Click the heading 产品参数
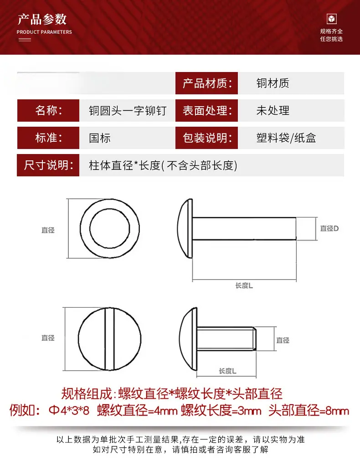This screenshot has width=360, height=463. click(x=42, y=19)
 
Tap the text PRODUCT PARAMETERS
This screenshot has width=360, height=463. click(x=44, y=32)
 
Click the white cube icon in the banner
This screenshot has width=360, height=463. click(x=332, y=19)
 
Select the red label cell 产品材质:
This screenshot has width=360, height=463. click(x=206, y=83)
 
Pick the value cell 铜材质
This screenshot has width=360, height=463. click(x=273, y=83)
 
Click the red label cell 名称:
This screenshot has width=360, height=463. click(x=48, y=110)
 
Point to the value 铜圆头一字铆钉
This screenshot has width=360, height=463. click(x=128, y=111)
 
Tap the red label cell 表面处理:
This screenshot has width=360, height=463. click(x=206, y=110)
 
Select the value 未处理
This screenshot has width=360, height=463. click(x=273, y=110)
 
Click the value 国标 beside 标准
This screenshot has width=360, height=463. click(x=100, y=138)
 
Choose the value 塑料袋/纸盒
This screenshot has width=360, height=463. click(x=286, y=138)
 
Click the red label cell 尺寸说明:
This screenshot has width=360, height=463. click(x=48, y=165)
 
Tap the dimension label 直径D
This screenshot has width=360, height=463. click(x=329, y=229)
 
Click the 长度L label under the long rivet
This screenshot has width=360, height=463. click(x=244, y=286)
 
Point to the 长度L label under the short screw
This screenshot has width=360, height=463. click(x=227, y=371)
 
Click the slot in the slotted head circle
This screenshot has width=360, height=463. click(x=109, y=339)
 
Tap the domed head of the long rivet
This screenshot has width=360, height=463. click(x=185, y=229)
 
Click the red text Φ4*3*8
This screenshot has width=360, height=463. click(x=69, y=411)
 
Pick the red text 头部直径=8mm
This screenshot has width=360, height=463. click(x=309, y=411)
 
